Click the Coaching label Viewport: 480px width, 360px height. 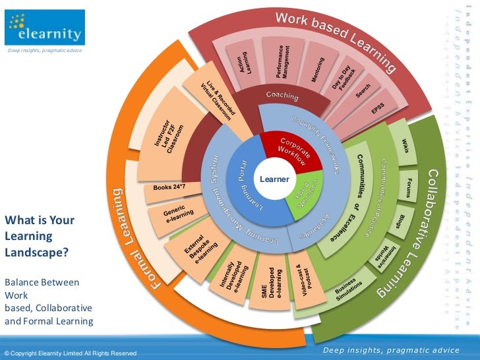coord(282,96)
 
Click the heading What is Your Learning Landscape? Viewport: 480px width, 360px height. coord(40,236)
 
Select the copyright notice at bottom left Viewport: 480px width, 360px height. coord(71,354)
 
